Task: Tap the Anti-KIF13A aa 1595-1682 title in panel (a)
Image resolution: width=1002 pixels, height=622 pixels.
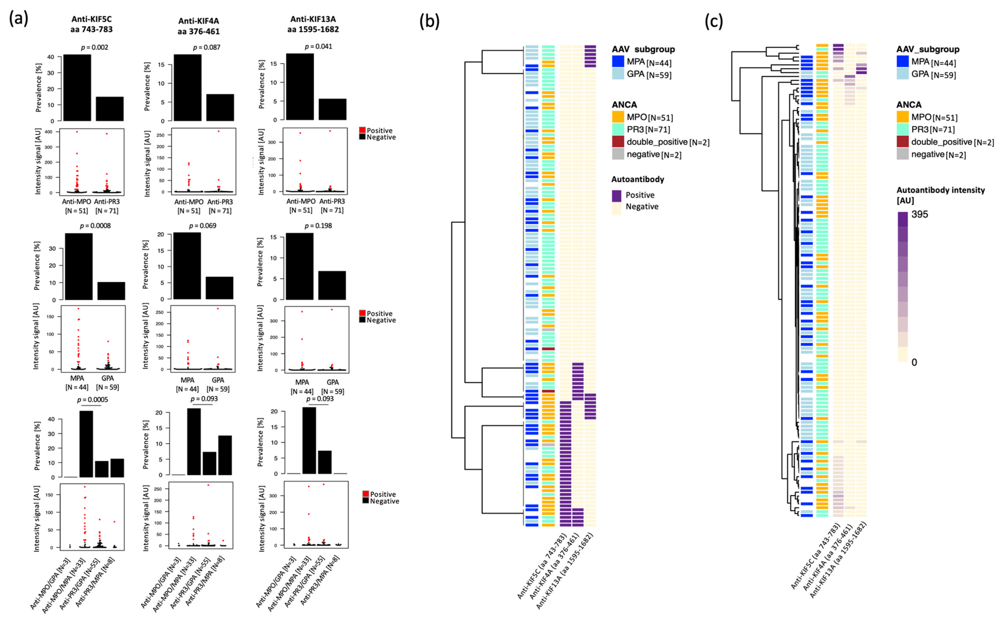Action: pyautogui.click(x=313, y=24)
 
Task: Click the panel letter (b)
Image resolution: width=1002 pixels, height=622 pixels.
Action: pyautogui.click(x=429, y=21)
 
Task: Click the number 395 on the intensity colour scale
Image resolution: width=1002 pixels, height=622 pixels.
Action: pyautogui.click(x=920, y=214)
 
